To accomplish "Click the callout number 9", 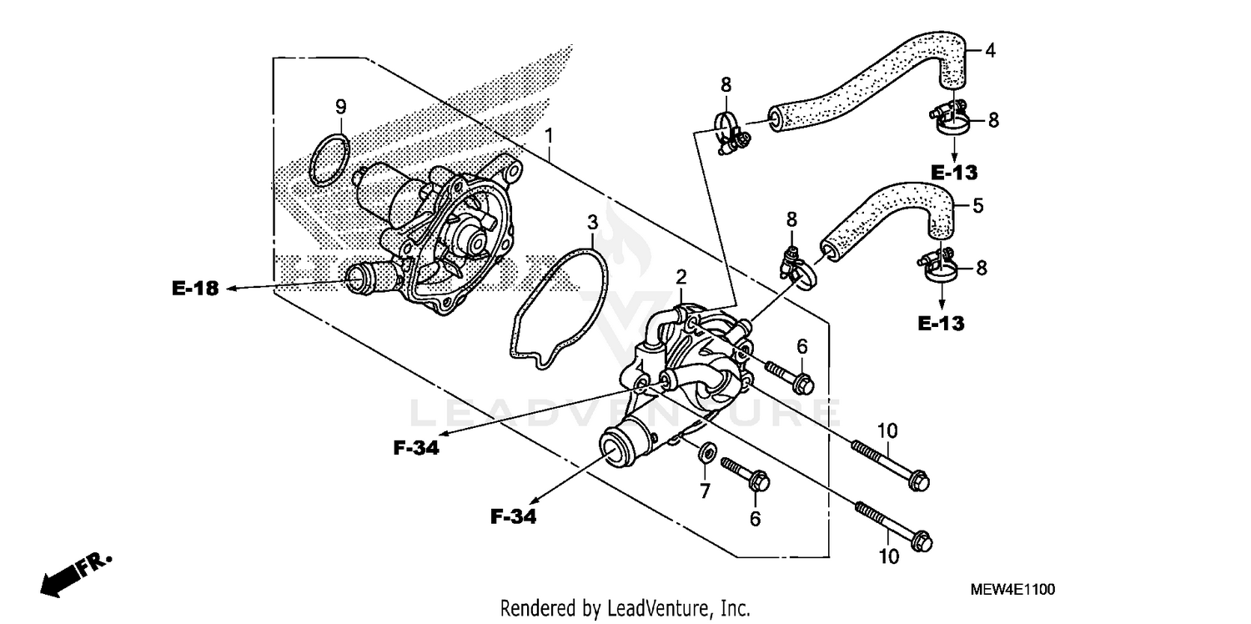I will (x=340, y=107).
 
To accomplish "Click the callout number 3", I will (x=592, y=223).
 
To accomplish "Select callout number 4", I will (x=990, y=50).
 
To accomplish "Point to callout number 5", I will (x=978, y=205).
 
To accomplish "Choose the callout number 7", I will (x=705, y=491).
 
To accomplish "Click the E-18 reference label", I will (x=195, y=289).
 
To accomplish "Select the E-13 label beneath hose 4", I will (x=954, y=173).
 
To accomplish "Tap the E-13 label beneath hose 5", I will (x=941, y=324).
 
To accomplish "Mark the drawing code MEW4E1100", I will (x=1012, y=589).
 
